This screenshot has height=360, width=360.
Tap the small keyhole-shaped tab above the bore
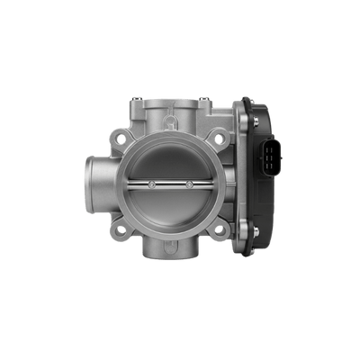click(x=172, y=134)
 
